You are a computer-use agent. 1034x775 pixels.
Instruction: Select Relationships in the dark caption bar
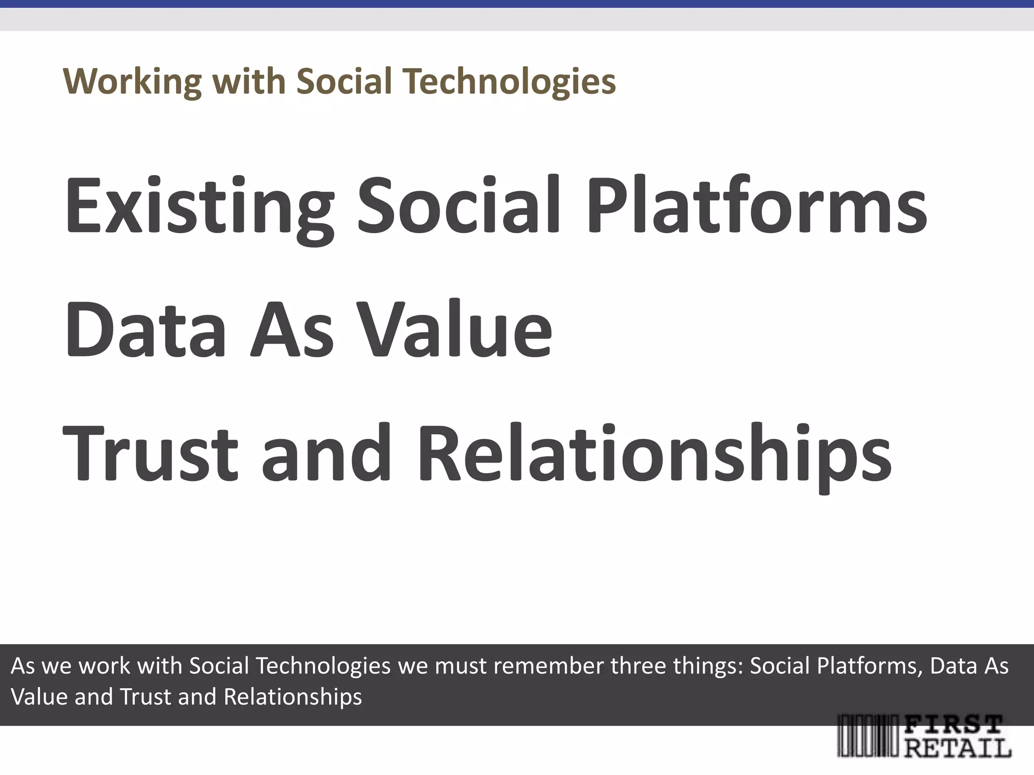coord(293,697)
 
